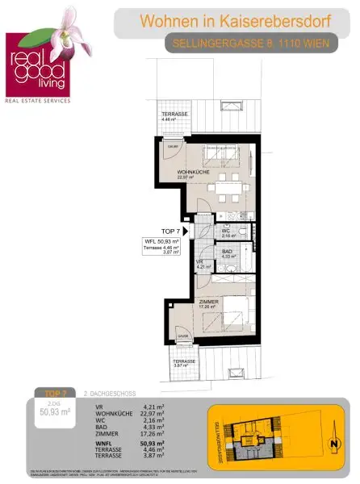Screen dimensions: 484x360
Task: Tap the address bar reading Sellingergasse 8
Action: (x=251, y=44)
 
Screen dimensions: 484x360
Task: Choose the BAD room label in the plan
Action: (x=227, y=252)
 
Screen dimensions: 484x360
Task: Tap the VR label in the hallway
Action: (x=199, y=261)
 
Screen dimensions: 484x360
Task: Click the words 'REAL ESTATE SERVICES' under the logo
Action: (x=38, y=101)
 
